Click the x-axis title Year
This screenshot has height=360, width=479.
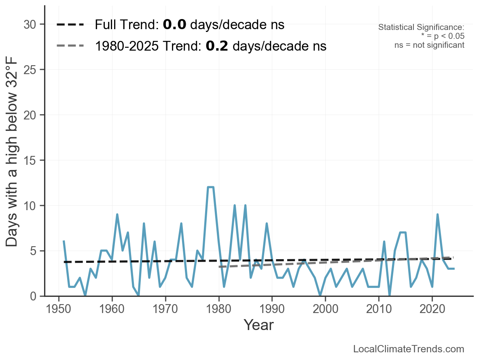pos(259,325)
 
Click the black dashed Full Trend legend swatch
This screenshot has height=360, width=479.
pos(70,25)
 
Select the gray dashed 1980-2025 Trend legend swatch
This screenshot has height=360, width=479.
pos(70,46)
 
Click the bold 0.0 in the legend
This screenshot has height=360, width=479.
pos(174,25)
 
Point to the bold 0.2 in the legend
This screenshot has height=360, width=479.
pos(217,46)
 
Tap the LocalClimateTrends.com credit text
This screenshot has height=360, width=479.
pos(409,349)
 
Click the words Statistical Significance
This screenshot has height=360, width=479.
pos(421,28)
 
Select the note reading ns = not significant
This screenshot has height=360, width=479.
pos(429,45)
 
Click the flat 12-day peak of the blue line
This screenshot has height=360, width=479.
pos(210,187)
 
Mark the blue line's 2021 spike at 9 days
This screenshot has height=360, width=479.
pos(438,215)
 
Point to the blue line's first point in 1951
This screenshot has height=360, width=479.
pos(64,241)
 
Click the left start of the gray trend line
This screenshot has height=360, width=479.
pos(219,267)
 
